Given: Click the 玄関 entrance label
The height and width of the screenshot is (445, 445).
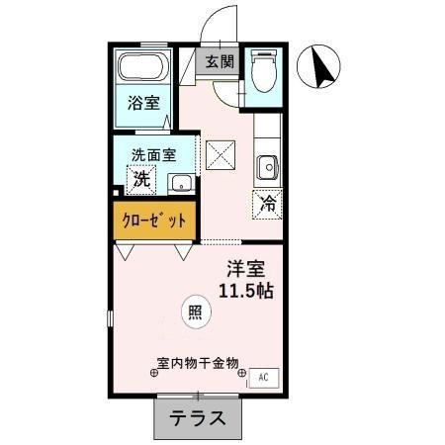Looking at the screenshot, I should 221,61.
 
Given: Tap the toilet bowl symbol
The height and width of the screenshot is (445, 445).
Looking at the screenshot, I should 264,71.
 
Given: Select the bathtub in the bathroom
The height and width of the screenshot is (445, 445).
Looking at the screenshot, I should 143,70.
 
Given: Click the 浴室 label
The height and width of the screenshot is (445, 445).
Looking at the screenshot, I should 143,103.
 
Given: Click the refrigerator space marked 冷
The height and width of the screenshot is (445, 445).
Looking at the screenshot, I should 268,205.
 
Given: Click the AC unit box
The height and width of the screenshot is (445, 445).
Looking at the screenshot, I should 263,377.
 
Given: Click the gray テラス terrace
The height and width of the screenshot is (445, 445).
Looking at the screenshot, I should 198,418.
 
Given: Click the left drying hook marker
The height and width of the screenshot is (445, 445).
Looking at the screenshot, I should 153,374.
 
